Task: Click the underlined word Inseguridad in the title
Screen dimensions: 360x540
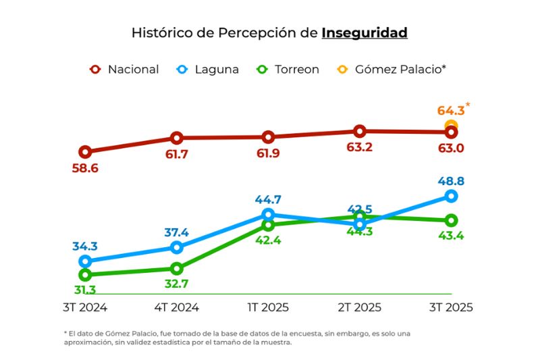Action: click(x=364, y=32)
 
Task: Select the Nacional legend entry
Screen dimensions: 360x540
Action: click(x=125, y=69)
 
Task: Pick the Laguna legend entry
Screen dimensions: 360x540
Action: click(x=207, y=69)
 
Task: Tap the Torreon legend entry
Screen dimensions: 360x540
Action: click(x=288, y=69)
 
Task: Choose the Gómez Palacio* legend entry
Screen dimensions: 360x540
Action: click(x=391, y=69)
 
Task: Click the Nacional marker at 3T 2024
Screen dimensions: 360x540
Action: click(x=85, y=152)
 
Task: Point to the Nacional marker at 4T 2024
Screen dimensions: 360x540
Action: click(x=177, y=138)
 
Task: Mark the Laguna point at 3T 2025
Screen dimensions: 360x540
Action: click(x=451, y=196)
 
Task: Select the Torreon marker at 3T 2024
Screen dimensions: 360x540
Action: click(x=85, y=275)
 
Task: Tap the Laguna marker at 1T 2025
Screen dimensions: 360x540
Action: click(x=268, y=215)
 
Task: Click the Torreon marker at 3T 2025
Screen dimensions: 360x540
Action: click(x=451, y=220)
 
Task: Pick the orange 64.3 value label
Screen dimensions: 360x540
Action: click(x=451, y=110)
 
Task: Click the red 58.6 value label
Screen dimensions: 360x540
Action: click(x=85, y=168)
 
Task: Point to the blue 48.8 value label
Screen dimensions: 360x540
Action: click(x=451, y=181)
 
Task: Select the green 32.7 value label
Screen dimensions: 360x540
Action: click(x=177, y=284)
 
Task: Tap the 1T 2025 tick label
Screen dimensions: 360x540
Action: click(x=268, y=307)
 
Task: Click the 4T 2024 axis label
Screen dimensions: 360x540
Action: click(x=177, y=307)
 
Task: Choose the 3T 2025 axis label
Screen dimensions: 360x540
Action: click(x=451, y=307)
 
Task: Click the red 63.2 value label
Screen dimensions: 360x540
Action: click(x=359, y=147)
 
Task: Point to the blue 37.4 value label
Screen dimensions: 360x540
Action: click(x=177, y=232)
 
